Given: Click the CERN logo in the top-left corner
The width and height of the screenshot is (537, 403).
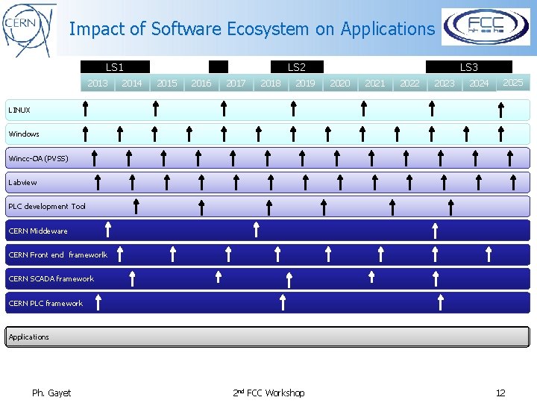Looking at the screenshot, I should [x=28, y=29].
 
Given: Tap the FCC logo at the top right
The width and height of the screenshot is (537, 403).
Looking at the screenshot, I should [x=486, y=27].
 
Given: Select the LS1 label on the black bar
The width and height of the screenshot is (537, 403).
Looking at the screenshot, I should [x=115, y=67].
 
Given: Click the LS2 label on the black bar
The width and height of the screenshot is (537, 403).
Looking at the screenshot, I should [x=296, y=67].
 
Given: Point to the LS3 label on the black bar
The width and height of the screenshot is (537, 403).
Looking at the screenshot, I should [x=468, y=67].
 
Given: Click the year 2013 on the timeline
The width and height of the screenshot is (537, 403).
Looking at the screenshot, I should [x=98, y=84].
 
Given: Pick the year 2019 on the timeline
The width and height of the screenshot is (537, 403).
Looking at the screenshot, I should [x=305, y=84].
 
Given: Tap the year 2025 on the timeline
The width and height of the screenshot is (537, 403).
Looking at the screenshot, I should [x=512, y=83].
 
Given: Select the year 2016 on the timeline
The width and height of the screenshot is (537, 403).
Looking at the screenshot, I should [x=201, y=84].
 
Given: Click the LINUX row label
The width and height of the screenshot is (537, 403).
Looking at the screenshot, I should [x=19, y=110].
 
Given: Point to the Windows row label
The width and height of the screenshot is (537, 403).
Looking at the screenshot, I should [x=24, y=134].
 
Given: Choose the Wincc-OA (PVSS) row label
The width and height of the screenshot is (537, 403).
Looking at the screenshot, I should [x=38, y=158].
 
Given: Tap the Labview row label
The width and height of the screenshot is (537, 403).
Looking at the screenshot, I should [x=22, y=182].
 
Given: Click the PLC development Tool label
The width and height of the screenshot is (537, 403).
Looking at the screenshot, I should [x=47, y=207].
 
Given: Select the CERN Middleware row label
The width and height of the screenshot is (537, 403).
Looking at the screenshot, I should [x=38, y=231].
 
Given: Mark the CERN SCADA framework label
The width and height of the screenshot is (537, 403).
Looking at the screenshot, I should [x=51, y=279].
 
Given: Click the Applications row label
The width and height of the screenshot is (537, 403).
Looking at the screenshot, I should [x=29, y=337].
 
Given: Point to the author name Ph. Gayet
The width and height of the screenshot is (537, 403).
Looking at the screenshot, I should [x=51, y=393].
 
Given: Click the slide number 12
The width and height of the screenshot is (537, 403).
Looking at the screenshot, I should [x=500, y=393].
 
